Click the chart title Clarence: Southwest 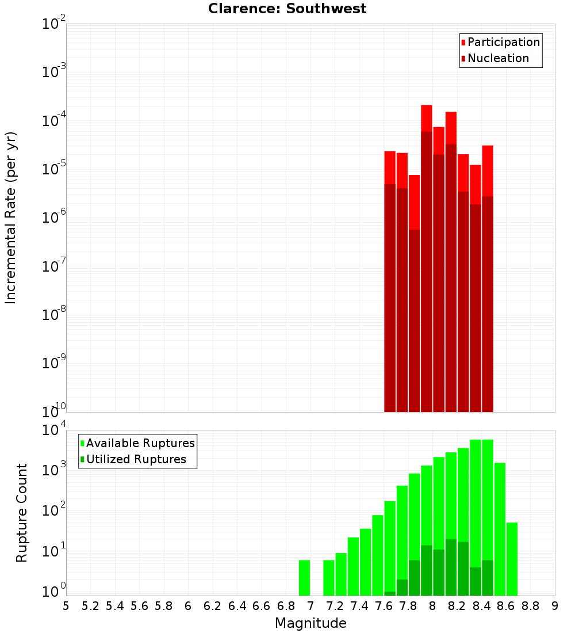pyautogui.click(x=287, y=9)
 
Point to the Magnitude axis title pyautogui.click(x=310, y=623)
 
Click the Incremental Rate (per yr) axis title pyautogui.click(x=11, y=218)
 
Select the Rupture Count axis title pyautogui.click(x=22, y=513)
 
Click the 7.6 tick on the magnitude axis pyautogui.click(x=384, y=606)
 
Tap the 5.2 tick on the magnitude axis pyautogui.click(x=91, y=606)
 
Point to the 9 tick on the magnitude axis pyautogui.click(x=555, y=606)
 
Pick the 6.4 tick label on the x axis pyautogui.click(x=237, y=606)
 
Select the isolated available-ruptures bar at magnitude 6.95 pyautogui.click(x=304, y=578)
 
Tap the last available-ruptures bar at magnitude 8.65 pyautogui.click(x=512, y=559)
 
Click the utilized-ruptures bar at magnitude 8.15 pyautogui.click(x=451, y=567)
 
